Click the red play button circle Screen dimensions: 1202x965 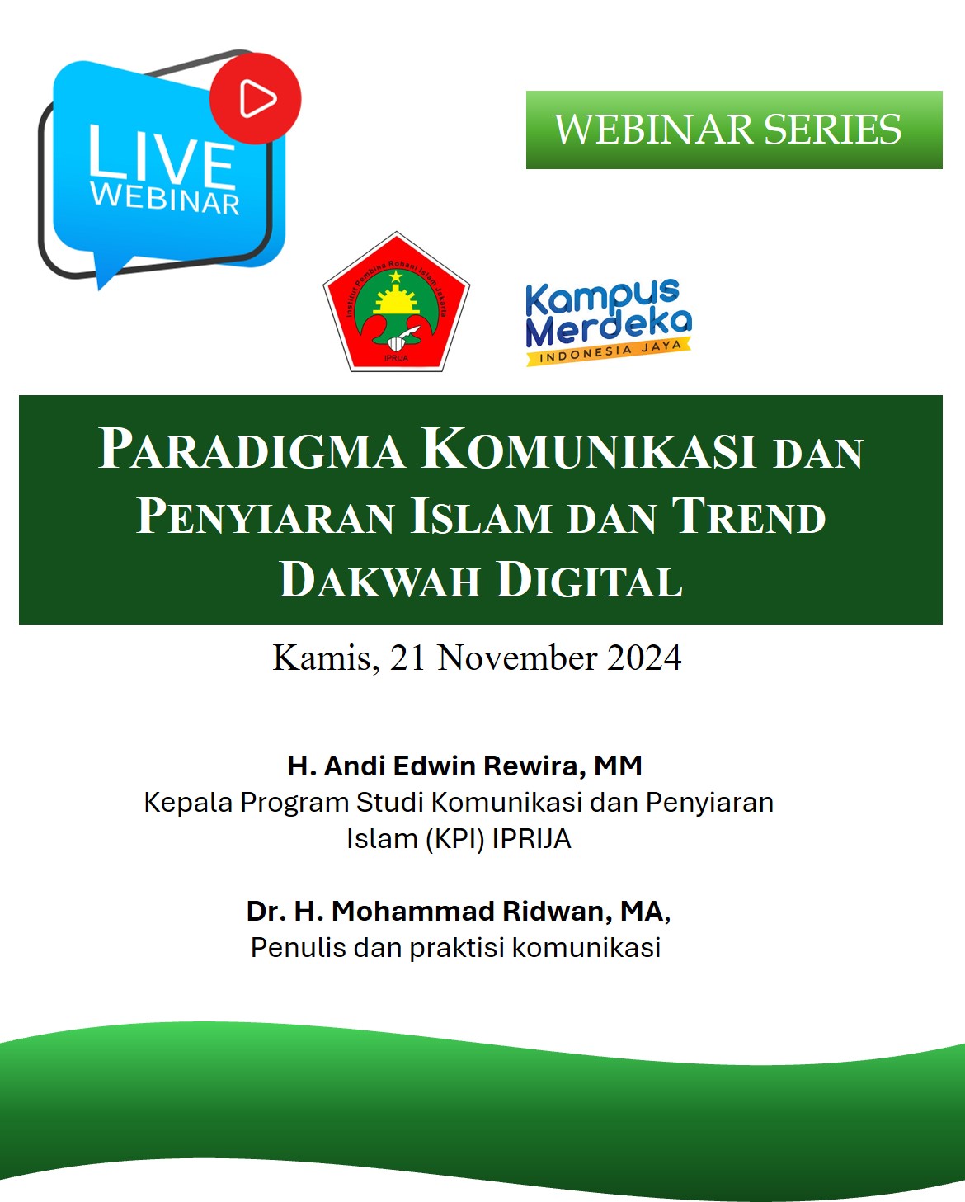tap(256, 98)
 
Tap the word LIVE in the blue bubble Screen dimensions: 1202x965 tap(162, 156)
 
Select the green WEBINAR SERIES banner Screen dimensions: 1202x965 tap(733, 130)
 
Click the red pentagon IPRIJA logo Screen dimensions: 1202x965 tap(396, 304)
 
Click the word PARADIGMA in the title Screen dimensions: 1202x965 tap(252, 450)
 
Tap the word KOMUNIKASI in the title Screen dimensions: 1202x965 tap(589, 450)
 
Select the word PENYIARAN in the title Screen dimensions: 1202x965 tap(265, 516)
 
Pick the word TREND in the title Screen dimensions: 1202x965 tap(748, 516)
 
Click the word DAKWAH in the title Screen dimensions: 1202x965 tap(379, 580)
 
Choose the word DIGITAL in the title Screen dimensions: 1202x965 tap(589, 580)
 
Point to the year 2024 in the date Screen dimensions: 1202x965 tap(644, 658)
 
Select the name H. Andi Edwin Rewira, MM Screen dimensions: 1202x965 tap(464, 766)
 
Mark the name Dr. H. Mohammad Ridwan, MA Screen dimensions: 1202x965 tap(458, 911)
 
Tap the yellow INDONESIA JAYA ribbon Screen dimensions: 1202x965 tap(609, 351)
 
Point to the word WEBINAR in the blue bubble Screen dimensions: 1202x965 tap(165, 198)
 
